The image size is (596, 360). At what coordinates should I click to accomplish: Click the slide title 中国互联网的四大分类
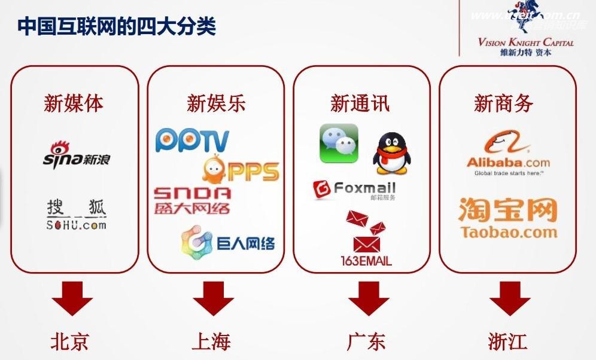[x=117, y=28]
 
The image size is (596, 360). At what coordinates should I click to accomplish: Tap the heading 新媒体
[x=74, y=103]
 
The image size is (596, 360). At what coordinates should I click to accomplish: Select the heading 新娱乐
[x=216, y=103]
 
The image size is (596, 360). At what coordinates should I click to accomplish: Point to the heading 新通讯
[x=360, y=103]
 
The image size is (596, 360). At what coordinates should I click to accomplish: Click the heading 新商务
[x=503, y=103]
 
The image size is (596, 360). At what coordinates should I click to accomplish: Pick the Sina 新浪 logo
[x=76, y=154]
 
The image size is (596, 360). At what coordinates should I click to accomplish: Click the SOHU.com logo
[x=76, y=216]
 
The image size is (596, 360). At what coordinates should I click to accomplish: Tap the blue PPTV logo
[x=192, y=140]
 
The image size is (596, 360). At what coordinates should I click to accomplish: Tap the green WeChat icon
[x=339, y=144]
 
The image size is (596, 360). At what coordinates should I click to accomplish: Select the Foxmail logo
[x=354, y=190]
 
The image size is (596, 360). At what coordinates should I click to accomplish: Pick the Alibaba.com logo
[x=508, y=155]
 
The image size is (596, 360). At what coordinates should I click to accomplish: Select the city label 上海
[x=211, y=341]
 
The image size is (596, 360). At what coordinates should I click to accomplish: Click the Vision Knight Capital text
[x=525, y=42]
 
